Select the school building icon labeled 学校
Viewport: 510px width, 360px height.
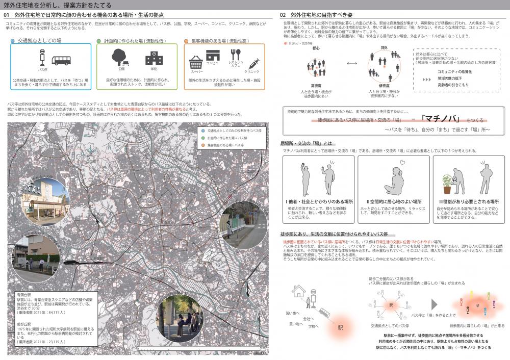point(154,58)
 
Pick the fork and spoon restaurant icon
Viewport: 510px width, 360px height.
point(235,56)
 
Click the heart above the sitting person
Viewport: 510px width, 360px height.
point(402,163)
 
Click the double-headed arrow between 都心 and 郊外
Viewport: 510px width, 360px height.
point(351,65)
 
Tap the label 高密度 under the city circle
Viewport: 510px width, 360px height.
point(316,86)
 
